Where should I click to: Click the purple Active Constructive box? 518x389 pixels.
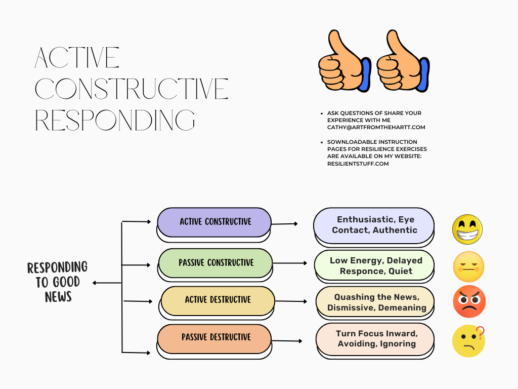click(x=214, y=222)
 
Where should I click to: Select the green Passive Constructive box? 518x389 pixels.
click(x=216, y=263)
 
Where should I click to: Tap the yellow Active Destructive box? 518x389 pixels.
click(x=218, y=300)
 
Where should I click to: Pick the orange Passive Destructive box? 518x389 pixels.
click(x=214, y=337)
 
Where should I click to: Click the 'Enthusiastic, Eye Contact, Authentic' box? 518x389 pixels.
click(x=374, y=225)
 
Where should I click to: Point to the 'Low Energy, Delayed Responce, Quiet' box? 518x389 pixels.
click(x=375, y=265)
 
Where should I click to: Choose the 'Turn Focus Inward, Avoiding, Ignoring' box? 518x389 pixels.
click(x=375, y=339)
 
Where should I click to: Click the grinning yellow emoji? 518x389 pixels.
click(x=467, y=229)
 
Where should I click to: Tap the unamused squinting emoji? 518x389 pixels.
click(x=468, y=267)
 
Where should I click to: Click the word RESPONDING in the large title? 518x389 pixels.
click(x=115, y=120)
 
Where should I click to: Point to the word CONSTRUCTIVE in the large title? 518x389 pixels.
click(x=132, y=89)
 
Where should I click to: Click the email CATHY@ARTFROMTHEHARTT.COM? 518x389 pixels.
click(x=376, y=128)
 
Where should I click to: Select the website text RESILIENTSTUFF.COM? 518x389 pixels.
click(x=358, y=164)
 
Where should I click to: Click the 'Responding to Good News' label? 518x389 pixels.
click(x=57, y=282)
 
